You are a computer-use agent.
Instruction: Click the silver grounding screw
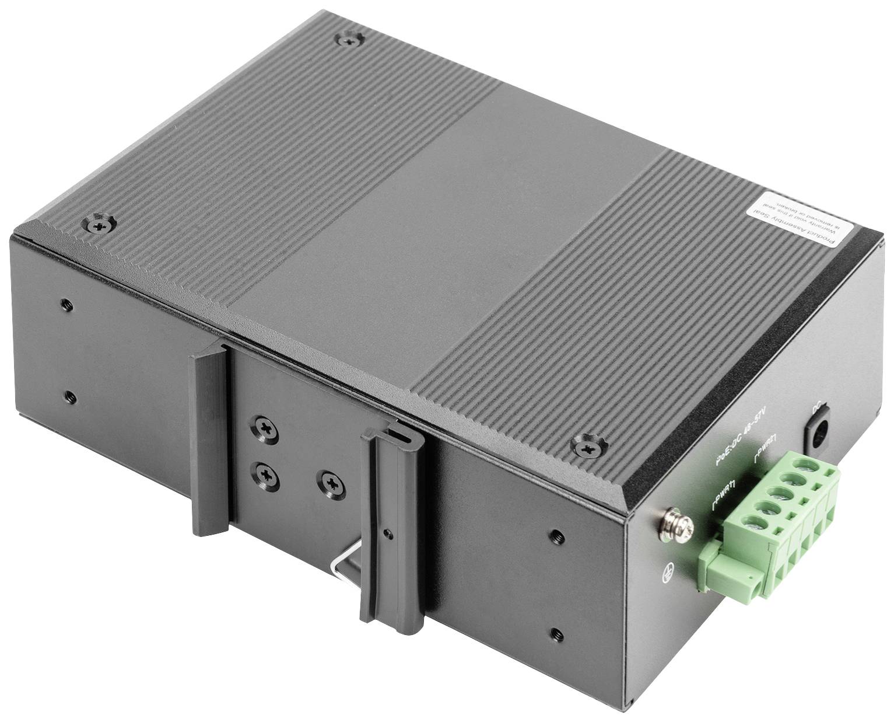tap(676, 523)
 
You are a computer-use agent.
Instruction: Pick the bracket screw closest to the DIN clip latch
tap(330, 482)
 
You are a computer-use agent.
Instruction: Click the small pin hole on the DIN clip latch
tap(390, 533)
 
